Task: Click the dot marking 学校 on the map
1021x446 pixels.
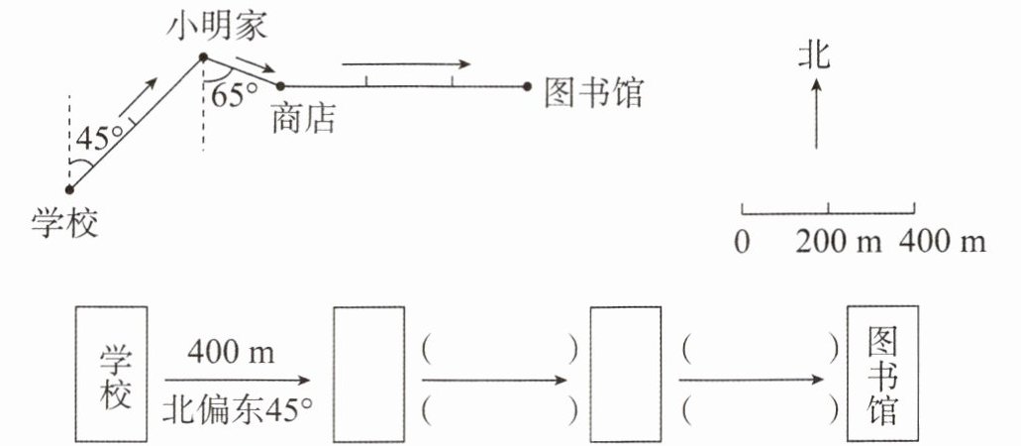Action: click(x=69, y=189)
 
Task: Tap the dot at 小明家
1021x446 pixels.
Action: click(x=203, y=57)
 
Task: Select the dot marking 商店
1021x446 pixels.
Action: click(x=280, y=85)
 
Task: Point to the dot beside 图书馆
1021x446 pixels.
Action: click(x=527, y=86)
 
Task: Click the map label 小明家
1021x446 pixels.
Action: click(x=218, y=28)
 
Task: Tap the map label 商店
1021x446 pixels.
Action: click(x=303, y=118)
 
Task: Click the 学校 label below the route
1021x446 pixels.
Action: click(x=64, y=224)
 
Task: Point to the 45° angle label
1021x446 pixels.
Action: click(x=100, y=138)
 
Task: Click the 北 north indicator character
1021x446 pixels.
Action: click(x=815, y=54)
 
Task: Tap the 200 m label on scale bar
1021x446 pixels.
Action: click(x=839, y=242)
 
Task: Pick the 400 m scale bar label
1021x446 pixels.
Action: click(x=942, y=242)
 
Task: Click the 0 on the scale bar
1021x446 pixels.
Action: click(x=743, y=243)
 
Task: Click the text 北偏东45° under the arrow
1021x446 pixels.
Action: click(x=237, y=410)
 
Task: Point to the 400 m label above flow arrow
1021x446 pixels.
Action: click(x=231, y=353)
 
